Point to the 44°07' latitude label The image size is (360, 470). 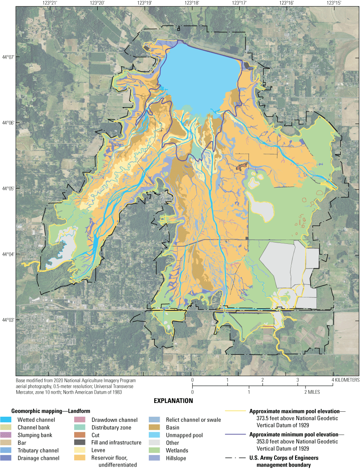point(8,57)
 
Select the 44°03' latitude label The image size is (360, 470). point(8,320)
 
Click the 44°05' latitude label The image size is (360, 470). point(8,188)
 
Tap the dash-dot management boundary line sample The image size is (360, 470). point(236,458)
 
